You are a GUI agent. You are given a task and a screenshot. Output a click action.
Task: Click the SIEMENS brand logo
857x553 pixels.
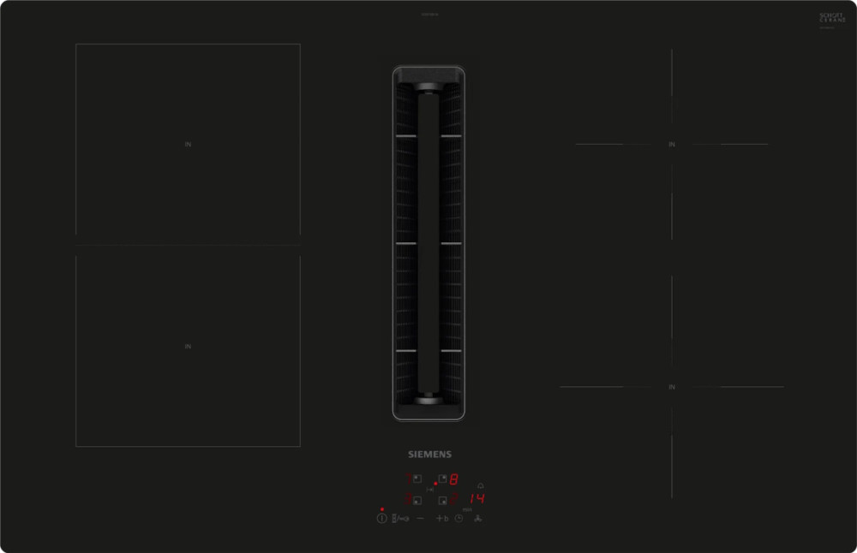coord(428,455)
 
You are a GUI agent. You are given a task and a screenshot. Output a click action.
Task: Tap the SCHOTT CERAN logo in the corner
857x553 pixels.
coord(831,18)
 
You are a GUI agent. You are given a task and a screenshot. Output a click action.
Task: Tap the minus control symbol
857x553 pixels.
coord(421,519)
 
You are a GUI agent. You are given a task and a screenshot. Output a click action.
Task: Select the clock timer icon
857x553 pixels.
coord(459,519)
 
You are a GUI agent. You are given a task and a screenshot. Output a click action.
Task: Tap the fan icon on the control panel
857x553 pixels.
coord(478,519)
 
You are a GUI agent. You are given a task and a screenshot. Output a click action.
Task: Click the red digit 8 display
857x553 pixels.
coord(454,479)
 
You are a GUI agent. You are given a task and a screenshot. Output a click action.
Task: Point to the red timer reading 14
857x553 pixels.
coord(477,499)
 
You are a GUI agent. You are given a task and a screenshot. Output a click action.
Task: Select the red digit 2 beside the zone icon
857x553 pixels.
coord(453,499)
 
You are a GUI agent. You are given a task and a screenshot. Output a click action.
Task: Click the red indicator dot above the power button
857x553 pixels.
coord(381,509)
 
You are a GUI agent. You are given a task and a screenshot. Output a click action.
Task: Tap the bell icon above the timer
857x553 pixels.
coord(480,485)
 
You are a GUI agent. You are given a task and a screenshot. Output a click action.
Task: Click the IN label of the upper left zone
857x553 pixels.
coord(188,145)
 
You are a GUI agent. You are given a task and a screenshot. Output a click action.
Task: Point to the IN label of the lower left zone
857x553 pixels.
coord(188,347)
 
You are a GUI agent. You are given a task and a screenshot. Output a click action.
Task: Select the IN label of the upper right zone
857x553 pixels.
coord(672,145)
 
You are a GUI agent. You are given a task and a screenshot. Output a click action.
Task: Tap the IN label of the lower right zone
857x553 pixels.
coord(672,387)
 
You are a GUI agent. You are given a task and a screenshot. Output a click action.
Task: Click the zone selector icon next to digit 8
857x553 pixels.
coord(442,479)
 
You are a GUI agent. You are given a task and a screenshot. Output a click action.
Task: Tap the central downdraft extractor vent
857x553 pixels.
coord(428,243)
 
